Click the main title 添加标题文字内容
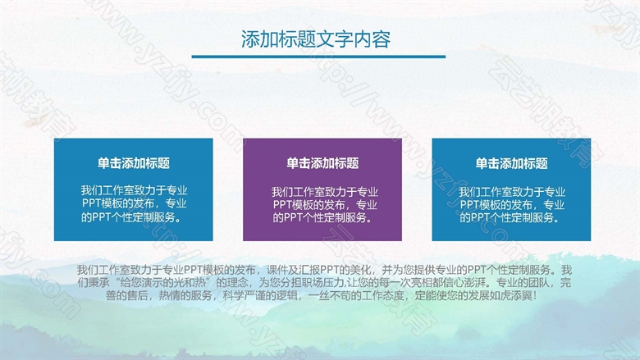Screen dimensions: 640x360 316,39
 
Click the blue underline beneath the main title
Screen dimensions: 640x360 318,57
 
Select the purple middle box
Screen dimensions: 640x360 322,189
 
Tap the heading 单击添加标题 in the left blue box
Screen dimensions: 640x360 134,163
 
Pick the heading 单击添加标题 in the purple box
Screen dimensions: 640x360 322,163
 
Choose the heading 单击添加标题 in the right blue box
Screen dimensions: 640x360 511,163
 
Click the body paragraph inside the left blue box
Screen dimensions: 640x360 134,204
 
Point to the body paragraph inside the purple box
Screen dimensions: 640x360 324,205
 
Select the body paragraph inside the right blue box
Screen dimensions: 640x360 512,205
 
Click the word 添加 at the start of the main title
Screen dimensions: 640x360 259,39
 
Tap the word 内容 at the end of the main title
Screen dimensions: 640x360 373,39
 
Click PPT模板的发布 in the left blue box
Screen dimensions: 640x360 118,203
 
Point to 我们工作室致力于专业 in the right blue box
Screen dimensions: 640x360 512,192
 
